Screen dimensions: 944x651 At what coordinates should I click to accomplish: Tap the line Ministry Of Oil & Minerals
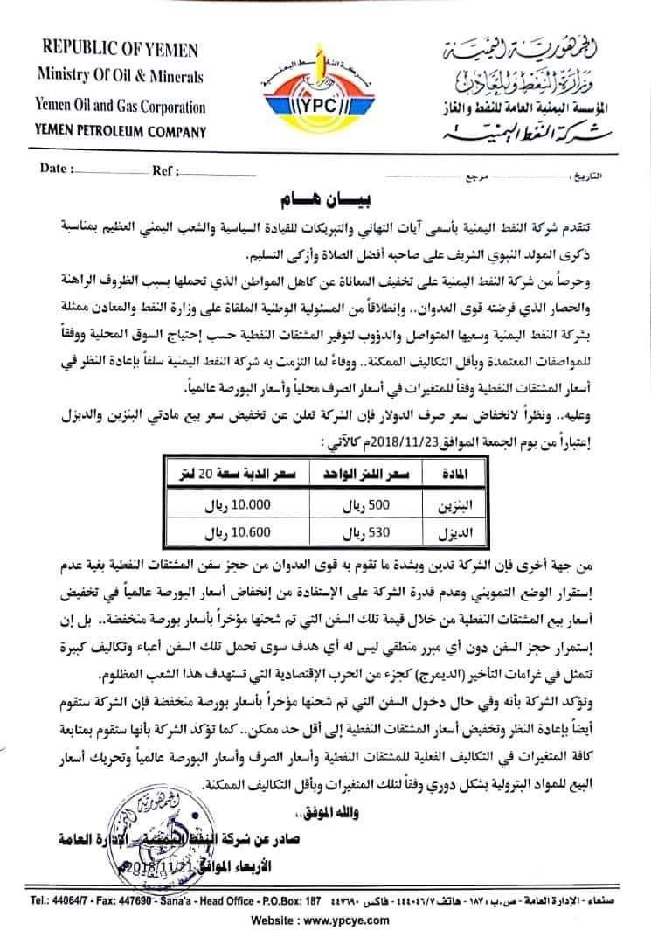[120, 77]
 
